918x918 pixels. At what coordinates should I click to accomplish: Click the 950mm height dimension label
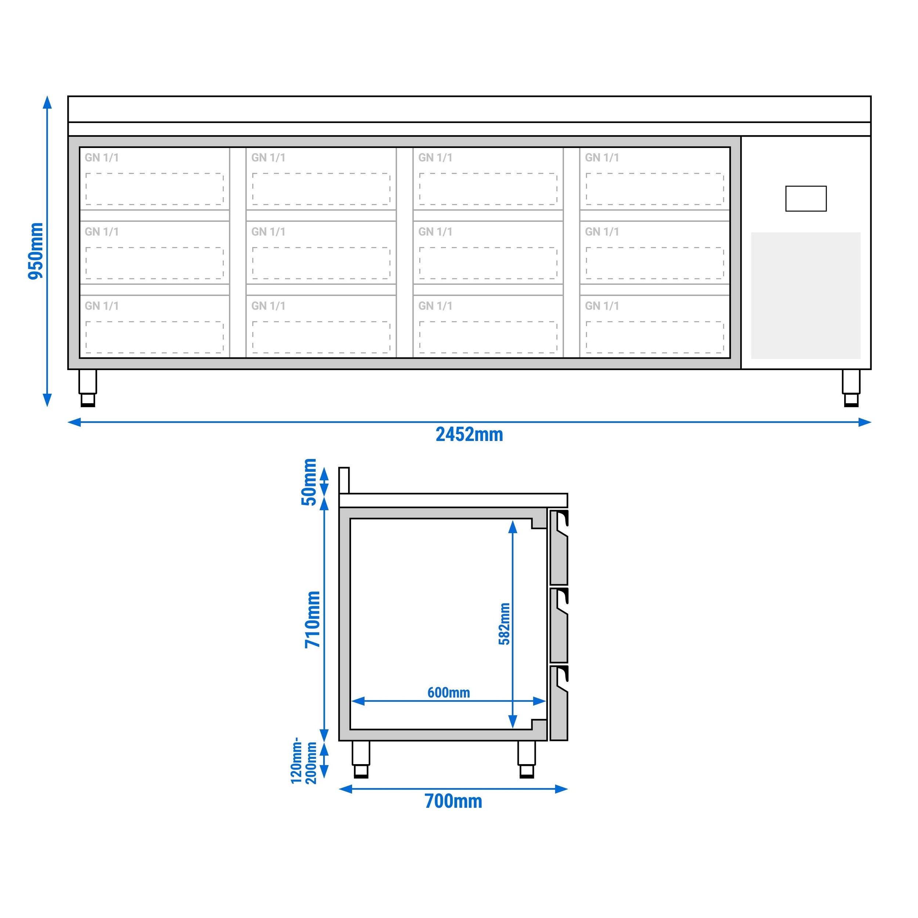coord(36,251)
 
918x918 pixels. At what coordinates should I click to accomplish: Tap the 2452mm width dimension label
coord(469,435)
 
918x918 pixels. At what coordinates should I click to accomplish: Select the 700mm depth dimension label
coord(453,802)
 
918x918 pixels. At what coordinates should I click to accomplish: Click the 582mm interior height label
coord(504,624)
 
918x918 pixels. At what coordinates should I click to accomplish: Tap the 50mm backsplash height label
coord(309,482)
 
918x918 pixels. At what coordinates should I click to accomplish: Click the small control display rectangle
coord(806,199)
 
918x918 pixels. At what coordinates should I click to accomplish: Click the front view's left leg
coord(88,388)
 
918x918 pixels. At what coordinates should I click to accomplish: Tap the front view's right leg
coord(851,388)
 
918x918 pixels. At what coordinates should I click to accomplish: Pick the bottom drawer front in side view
coord(559,703)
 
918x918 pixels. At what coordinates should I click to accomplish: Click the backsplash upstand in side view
coord(344,480)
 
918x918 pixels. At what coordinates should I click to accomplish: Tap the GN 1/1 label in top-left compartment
coord(102,158)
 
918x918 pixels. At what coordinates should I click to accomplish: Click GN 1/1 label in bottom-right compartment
coord(602,306)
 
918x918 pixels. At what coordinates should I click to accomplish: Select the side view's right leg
coord(527,759)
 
